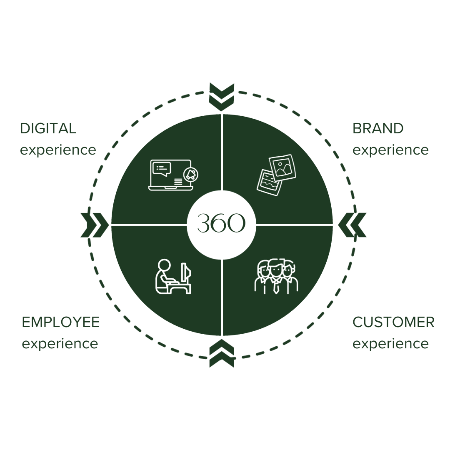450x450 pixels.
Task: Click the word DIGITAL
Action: click(48, 128)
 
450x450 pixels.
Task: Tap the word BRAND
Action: click(378, 128)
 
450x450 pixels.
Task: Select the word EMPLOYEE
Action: click(61, 322)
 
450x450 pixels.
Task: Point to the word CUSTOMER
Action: click(393, 322)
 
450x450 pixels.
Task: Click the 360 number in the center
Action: click(221, 224)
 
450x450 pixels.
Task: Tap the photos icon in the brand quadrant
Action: click(275, 173)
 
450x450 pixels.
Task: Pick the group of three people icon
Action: click(276, 276)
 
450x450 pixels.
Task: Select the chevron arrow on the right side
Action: click(352, 225)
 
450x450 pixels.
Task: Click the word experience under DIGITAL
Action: click(58, 150)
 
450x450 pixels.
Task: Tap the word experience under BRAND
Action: click(390, 150)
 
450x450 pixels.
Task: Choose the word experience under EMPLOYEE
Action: click(60, 344)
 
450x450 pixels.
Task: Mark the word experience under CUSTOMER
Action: click(390, 344)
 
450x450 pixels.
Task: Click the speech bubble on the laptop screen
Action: click(162, 169)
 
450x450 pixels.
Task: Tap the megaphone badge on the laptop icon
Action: click(191, 175)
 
